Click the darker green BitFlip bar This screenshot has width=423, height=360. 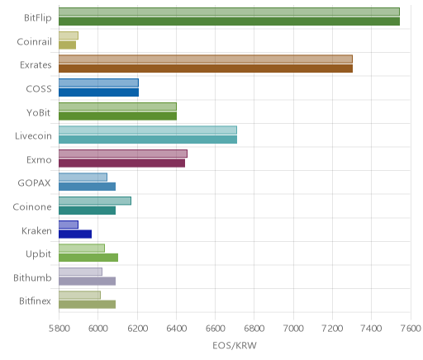229,21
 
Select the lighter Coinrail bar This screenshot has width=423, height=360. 69,36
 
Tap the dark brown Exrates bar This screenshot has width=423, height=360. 206,69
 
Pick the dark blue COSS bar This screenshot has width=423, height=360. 98,92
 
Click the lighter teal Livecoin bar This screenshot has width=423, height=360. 148,130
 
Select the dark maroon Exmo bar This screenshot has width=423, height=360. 121,163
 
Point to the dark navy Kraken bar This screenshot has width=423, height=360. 75,234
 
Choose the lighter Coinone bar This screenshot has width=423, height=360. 95,201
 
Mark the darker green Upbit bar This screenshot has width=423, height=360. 88,258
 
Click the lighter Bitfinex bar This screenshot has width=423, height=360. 79,295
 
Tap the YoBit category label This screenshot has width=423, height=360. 39,112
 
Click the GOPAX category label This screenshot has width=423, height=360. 35,183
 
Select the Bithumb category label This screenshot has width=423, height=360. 32,277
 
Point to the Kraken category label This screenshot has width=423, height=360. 36,230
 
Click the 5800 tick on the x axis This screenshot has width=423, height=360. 59,329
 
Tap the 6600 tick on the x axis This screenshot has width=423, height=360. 216,329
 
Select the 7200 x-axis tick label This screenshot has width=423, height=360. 333,329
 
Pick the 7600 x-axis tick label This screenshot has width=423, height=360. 411,329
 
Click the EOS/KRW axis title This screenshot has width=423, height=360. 235,346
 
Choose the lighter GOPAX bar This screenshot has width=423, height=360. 83,178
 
